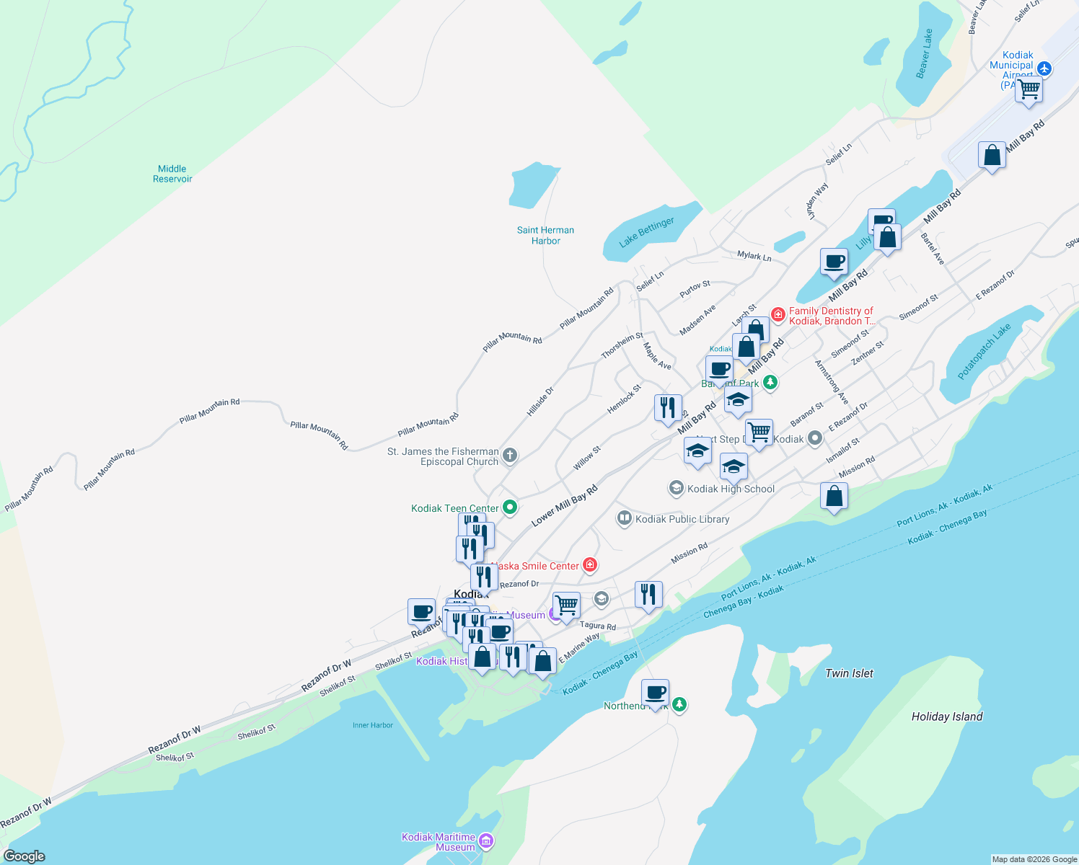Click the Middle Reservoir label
(172, 174)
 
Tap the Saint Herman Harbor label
(545, 235)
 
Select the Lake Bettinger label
(647, 231)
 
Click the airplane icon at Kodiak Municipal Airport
(1044, 69)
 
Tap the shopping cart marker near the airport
(1029, 89)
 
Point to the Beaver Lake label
(924, 54)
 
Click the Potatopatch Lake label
(984, 351)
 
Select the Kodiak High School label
(730, 489)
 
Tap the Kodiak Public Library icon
(625, 518)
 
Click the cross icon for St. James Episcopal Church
(509, 455)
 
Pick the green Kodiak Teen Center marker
(510, 507)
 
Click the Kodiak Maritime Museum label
(439, 842)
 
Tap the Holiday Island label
(946, 717)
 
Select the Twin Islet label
(849, 673)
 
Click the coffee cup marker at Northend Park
(655, 693)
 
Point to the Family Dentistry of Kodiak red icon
(778, 314)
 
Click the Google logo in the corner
(24, 856)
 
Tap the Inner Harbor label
(372, 725)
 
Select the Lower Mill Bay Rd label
(564, 506)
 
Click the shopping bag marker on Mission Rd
(834, 496)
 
